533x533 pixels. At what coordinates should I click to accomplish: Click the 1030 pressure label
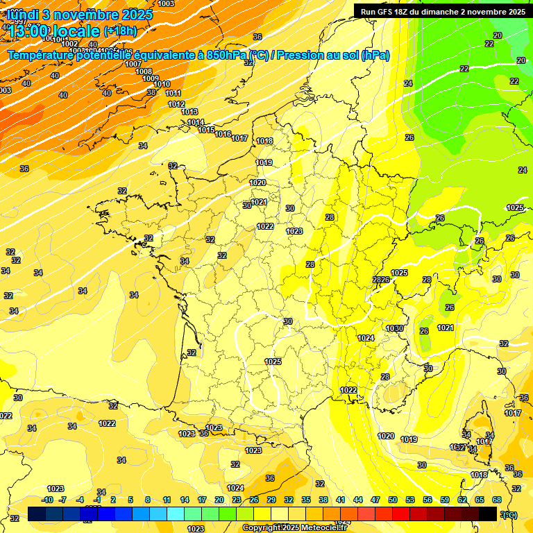click(x=395, y=328)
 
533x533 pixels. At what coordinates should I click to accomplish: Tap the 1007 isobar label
click(x=133, y=64)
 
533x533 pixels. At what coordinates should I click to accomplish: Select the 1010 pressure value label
click(x=162, y=85)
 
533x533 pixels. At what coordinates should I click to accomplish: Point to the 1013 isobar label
click(x=189, y=112)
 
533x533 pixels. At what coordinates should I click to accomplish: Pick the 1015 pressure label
click(x=206, y=130)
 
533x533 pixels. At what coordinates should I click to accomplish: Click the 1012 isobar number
click(x=176, y=104)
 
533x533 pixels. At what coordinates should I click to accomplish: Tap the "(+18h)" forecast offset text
click(x=120, y=31)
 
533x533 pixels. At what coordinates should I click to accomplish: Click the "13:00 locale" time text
click(x=53, y=31)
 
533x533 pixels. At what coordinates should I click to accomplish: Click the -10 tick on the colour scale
click(x=48, y=500)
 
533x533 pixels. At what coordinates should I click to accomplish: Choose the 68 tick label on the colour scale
click(x=497, y=500)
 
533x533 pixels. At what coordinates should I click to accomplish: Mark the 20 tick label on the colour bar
click(x=219, y=500)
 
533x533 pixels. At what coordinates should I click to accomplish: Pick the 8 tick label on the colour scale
click(x=148, y=500)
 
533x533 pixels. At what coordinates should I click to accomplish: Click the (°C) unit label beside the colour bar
click(x=509, y=514)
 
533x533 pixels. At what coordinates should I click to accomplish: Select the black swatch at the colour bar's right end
click(x=488, y=514)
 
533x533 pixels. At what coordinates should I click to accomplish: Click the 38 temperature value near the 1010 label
click(x=151, y=92)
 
